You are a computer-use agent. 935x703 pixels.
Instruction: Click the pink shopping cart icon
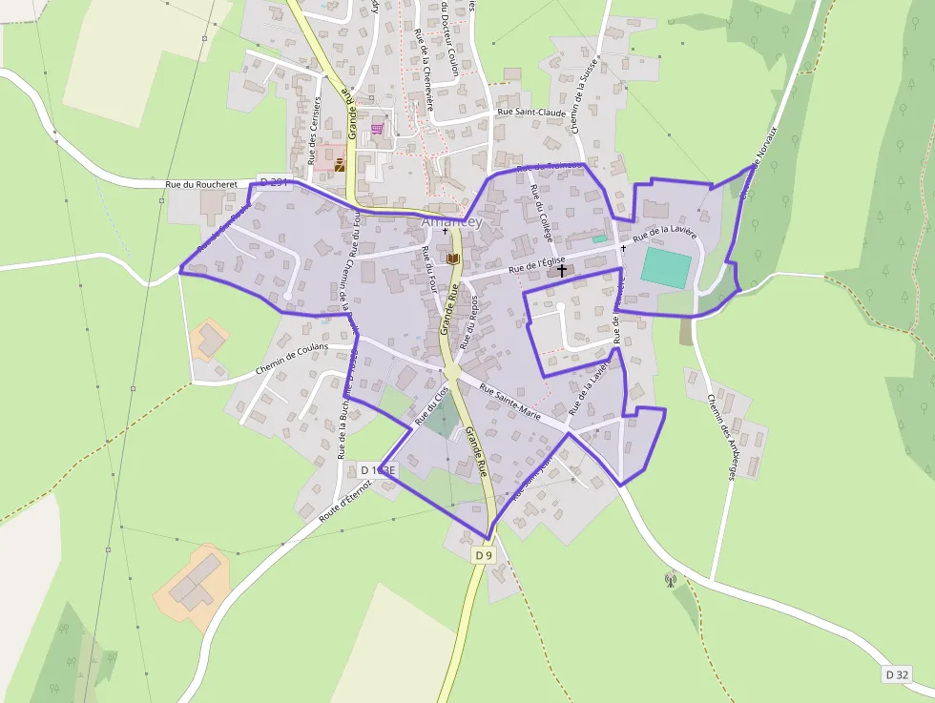tap(378, 129)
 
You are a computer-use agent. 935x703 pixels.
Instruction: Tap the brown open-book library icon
tap(453, 258)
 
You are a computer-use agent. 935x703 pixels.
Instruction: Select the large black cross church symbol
tap(561, 271)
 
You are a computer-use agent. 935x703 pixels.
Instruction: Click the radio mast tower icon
tap(671, 578)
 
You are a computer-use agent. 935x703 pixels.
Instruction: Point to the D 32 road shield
tap(896, 674)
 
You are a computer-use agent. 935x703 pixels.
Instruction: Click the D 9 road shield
tap(484, 554)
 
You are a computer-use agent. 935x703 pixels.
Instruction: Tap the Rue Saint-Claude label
tap(532, 113)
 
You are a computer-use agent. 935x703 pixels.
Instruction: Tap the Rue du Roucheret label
tap(200, 184)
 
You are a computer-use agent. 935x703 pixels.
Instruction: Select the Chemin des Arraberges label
tap(721, 438)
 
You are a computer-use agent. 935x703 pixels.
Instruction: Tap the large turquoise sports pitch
tap(666, 268)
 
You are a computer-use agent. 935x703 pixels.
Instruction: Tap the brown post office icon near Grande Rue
tap(339, 165)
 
